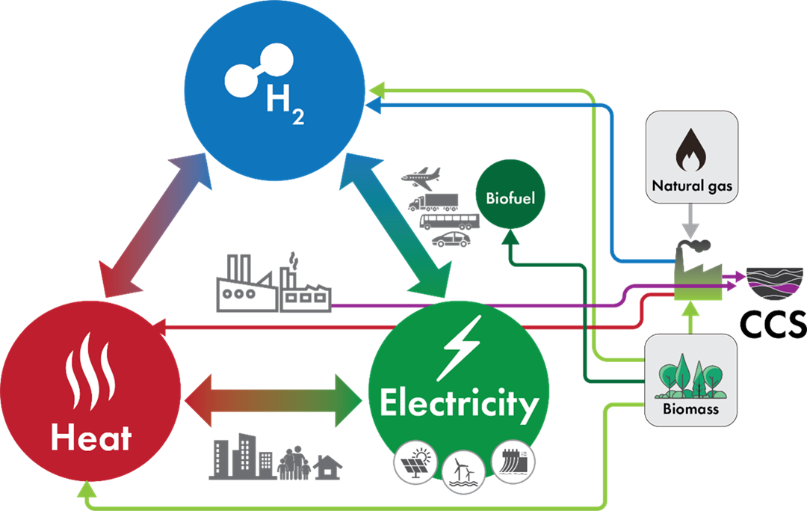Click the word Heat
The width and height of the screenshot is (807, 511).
pyautogui.click(x=91, y=437)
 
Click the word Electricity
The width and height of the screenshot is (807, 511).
pyautogui.click(x=459, y=404)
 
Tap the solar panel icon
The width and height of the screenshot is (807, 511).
pyautogui.click(x=416, y=463)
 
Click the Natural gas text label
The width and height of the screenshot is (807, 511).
pyautogui.click(x=691, y=186)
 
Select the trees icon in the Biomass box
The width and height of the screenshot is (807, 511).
pyautogui.click(x=690, y=379)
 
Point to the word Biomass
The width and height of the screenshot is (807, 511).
pyautogui.click(x=690, y=409)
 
